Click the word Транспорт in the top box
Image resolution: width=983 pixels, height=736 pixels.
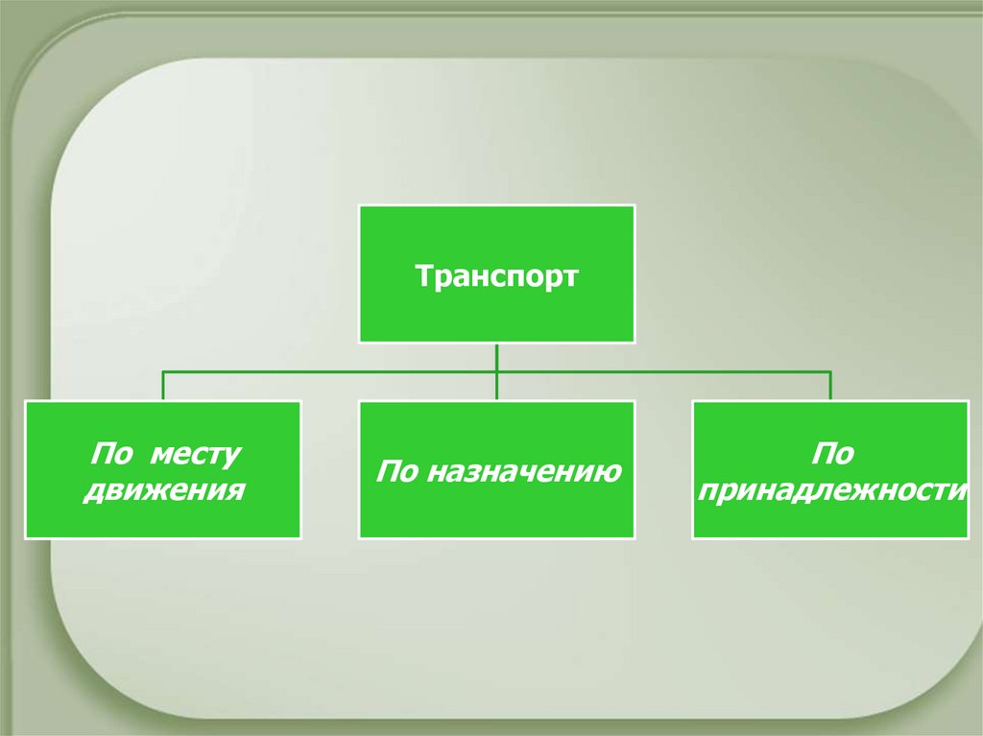tap(496, 276)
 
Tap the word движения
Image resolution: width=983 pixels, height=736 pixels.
tap(163, 491)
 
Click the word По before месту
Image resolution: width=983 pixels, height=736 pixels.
tap(108, 452)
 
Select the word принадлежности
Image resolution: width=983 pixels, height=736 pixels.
tap(830, 491)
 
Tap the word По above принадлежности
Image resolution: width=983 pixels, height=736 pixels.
tap(830, 452)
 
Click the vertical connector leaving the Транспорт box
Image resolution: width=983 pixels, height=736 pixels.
tap(496, 357)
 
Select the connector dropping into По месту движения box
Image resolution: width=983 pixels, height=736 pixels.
tap(163, 386)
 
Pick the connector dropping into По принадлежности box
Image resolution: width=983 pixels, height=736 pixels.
tap(830, 386)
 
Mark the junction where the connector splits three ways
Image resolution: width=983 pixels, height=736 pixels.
tap(496, 371)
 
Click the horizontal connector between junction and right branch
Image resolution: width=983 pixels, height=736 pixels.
tap(662, 371)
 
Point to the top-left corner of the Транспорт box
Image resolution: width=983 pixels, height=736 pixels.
tap(360, 205)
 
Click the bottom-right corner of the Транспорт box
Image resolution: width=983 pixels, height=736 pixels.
tap(634, 342)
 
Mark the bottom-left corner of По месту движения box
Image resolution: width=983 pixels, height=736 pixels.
tap(26, 537)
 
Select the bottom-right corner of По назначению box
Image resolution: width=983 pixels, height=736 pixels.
tap(634, 537)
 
